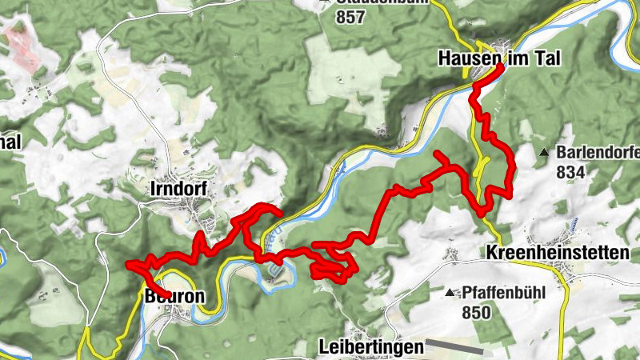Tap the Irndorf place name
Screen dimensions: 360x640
178,189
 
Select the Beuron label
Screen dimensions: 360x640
174,296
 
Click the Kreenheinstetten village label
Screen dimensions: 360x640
557,253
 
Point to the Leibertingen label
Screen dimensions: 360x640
370,347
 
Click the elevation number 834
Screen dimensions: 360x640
570,172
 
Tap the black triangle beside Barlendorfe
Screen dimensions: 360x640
545,152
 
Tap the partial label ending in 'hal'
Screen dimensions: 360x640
10,142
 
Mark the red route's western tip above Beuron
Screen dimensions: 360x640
129,265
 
